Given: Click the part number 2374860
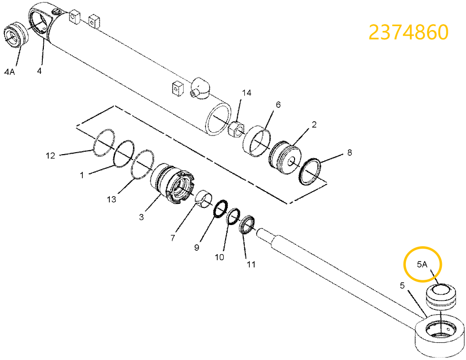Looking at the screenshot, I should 408,33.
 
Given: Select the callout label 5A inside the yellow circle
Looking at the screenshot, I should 422,264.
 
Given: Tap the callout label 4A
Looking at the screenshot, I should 9,71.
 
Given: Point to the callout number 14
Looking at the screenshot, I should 246,93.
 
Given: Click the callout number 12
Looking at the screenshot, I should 51,156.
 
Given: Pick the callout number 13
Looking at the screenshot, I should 112,199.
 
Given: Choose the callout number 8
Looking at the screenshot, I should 349,153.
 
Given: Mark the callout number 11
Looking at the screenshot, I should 251,264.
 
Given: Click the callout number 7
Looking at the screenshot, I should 173,238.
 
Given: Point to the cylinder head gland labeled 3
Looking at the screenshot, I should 172,184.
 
